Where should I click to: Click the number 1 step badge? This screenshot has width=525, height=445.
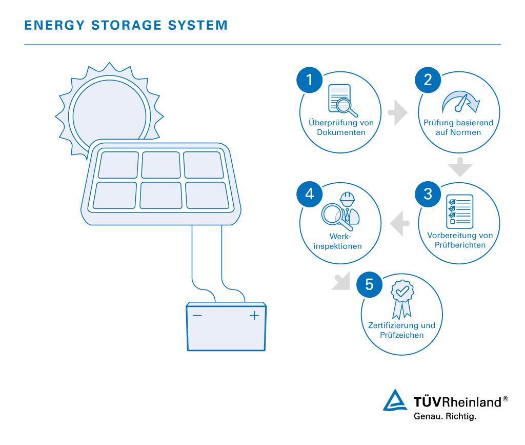309,80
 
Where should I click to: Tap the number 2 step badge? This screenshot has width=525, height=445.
428,80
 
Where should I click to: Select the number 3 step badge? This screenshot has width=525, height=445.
428,194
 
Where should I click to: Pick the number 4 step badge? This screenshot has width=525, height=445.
309,194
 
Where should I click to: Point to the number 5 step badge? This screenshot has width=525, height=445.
369,284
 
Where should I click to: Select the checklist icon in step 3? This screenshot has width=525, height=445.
459,211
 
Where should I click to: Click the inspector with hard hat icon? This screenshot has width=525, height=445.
341,211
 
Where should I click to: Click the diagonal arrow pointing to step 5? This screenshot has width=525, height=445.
340,281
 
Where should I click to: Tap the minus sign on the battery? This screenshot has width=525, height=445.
197,315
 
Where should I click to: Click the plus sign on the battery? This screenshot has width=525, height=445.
254,315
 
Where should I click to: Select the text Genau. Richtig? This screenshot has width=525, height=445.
445,416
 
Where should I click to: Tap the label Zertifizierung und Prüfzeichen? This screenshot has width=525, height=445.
402,330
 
